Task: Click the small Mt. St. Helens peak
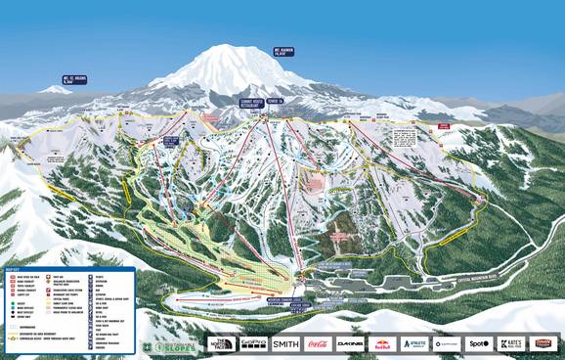click(x=55, y=89)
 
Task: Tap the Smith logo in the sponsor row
click(x=284, y=343)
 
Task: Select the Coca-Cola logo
click(x=318, y=343)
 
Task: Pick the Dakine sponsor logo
click(x=351, y=343)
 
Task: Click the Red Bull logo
click(x=383, y=343)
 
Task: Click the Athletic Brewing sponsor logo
click(x=413, y=343)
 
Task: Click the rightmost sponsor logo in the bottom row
click(x=543, y=343)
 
